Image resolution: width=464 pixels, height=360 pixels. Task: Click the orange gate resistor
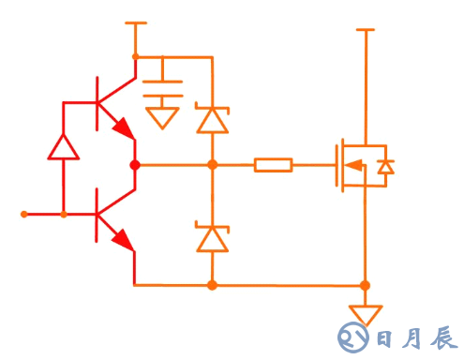point(273,165)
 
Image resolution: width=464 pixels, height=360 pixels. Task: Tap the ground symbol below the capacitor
point(164,117)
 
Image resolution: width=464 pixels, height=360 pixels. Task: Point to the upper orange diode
point(212,119)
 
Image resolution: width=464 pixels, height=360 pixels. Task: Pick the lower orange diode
point(212,238)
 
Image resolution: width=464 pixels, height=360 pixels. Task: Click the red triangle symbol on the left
point(63,146)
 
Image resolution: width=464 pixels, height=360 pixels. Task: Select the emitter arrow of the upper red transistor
point(122,127)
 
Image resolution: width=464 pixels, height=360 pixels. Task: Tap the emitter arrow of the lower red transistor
point(122,241)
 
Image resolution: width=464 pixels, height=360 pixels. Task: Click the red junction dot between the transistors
point(135,165)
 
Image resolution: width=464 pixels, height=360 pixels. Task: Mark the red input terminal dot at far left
point(24,215)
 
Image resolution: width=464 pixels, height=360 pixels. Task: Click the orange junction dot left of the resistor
point(212,165)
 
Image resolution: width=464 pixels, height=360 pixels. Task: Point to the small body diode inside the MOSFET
point(384,166)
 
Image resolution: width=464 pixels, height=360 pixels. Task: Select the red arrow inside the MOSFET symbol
point(354,166)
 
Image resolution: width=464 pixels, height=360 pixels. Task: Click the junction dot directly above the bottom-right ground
point(366,284)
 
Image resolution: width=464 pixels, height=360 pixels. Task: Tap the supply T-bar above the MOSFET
point(366,30)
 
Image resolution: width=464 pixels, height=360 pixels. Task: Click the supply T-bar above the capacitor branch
point(136,22)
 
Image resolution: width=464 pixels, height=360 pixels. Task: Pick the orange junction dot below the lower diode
point(212,284)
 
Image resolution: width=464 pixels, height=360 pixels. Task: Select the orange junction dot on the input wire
point(63,215)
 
